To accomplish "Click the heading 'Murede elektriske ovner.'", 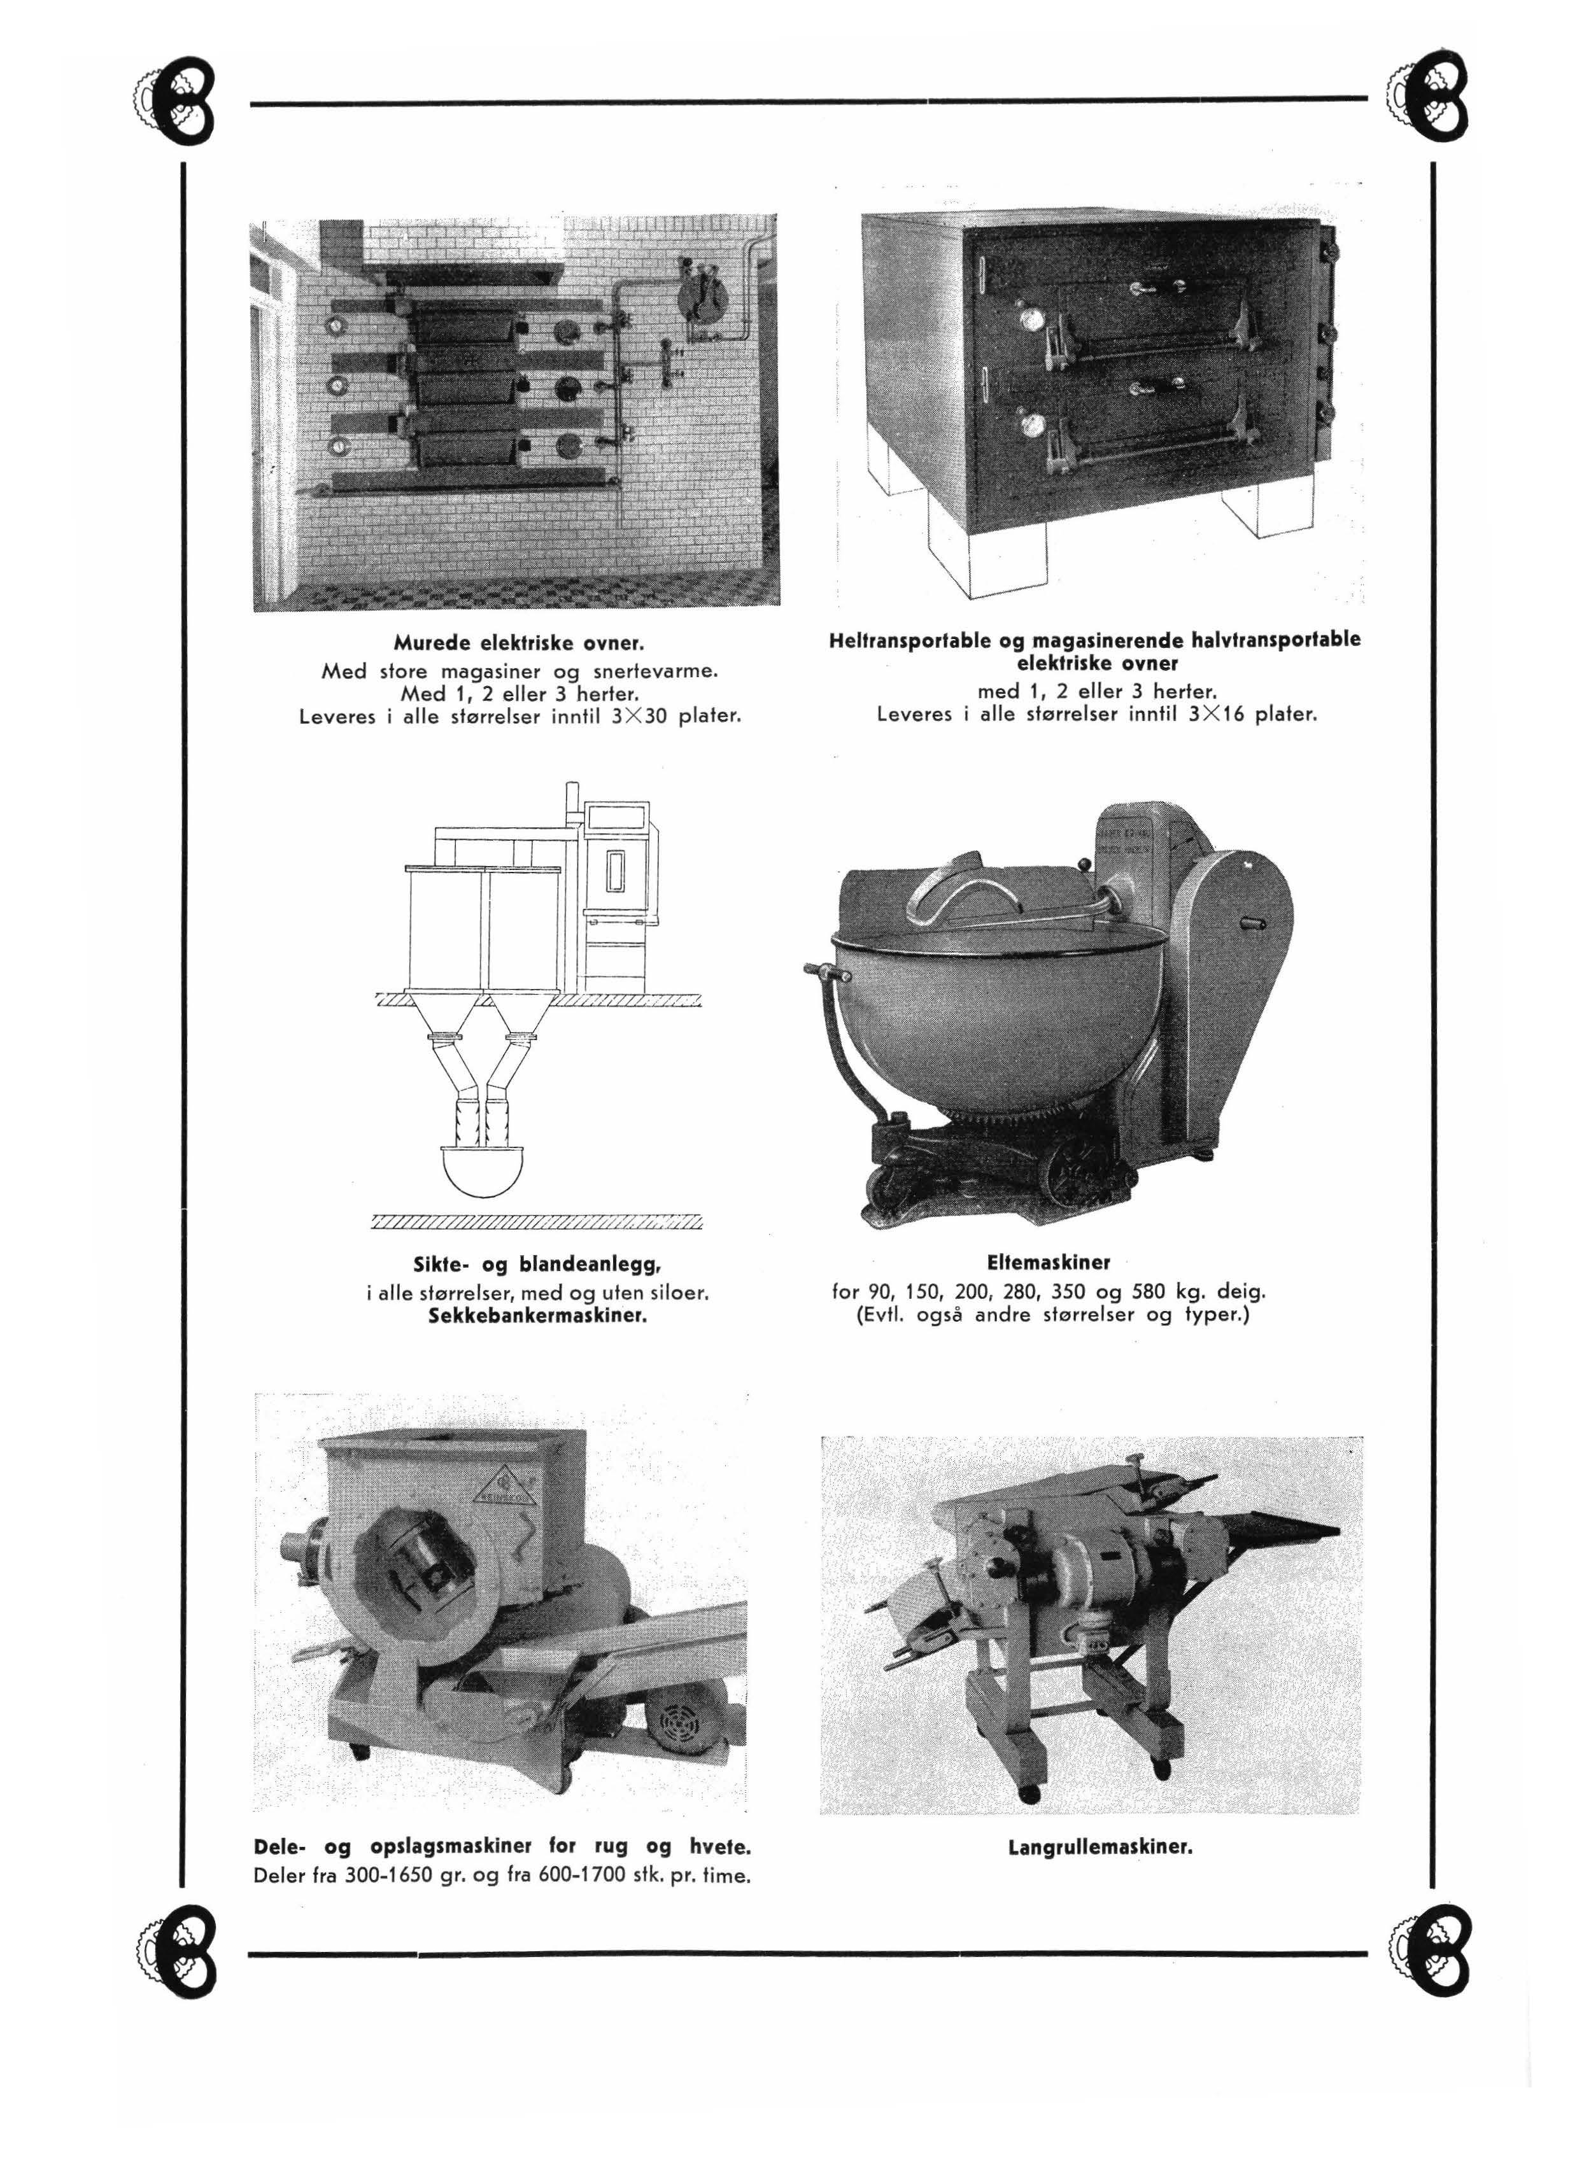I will coord(518,642).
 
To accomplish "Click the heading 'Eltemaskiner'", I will coord(1049,1261).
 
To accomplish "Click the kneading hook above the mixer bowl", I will coord(954,888).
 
